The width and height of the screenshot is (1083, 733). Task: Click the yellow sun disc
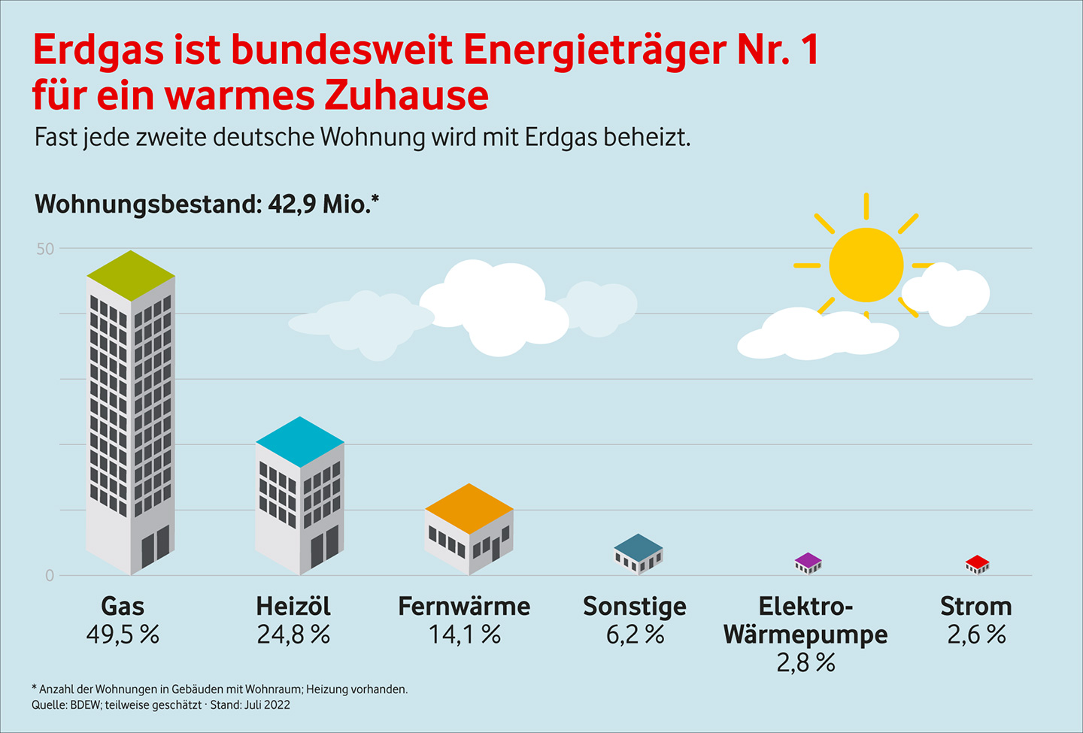(866, 265)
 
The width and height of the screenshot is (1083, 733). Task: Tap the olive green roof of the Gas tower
(131, 275)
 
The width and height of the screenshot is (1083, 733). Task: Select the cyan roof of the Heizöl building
(300, 441)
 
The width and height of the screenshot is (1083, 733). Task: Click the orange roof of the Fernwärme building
(469, 508)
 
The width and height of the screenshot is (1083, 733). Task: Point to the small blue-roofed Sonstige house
(639, 554)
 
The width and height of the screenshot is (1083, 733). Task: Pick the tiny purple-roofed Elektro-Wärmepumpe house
(808, 563)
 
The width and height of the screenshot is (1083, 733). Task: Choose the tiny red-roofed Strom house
(977, 564)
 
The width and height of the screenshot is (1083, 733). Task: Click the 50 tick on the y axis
(45, 249)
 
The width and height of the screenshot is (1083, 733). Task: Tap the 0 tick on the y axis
(50, 576)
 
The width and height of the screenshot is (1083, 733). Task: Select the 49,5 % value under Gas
(123, 635)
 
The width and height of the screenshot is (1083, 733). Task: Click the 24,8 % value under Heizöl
(293, 635)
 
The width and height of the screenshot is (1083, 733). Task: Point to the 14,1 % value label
(464, 635)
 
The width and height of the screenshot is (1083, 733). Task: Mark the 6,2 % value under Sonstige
(635, 635)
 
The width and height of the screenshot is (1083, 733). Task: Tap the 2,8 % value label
(805, 663)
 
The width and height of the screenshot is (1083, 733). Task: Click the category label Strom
(975, 606)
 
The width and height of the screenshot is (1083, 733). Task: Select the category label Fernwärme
(464, 606)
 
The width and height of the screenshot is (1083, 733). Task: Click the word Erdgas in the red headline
(98, 51)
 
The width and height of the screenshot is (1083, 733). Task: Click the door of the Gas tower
(156, 547)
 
